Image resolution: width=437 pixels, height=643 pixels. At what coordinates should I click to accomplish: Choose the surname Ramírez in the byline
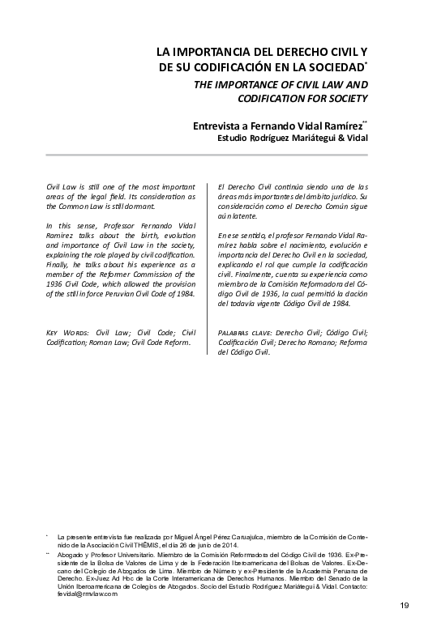click(339, 126)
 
